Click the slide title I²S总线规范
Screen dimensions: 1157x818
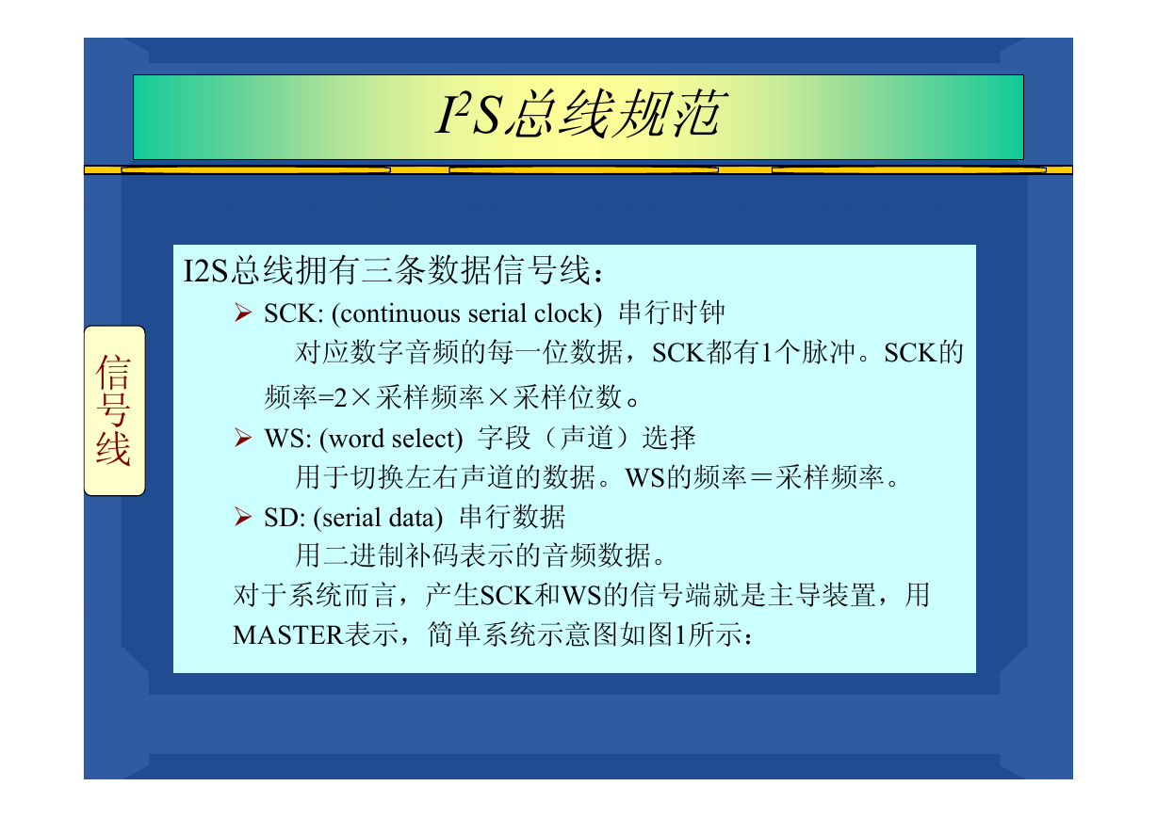582,115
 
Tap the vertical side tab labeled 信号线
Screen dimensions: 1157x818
115,410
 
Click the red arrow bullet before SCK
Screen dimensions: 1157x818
243,313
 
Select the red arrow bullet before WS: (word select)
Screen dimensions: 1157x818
243,438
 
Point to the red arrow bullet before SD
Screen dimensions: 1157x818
243,517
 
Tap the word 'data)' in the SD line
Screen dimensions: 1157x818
416,518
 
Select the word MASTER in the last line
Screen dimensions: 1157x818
288,634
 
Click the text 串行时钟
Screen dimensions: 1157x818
672,313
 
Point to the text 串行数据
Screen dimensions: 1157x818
512,517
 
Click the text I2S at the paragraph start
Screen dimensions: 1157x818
205,270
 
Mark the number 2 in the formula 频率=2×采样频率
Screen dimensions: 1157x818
340,398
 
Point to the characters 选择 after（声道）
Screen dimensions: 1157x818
669,438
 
